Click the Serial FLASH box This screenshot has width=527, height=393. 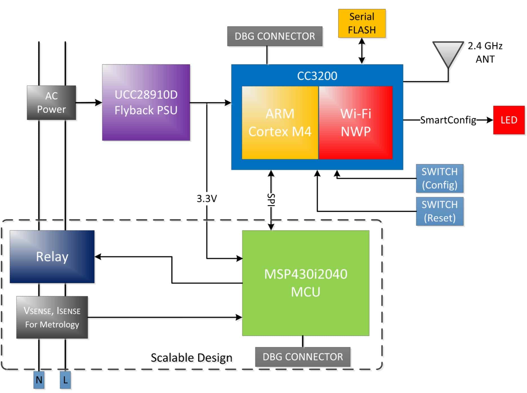tap(361, 23)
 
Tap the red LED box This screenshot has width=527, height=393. tap(509, 120)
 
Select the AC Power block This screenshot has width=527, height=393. tap(51, 103)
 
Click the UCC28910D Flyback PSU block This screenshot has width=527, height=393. tap(146, 102)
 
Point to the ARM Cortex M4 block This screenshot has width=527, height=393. tap(280, 123)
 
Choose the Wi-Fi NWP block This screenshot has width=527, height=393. tap(356, 123)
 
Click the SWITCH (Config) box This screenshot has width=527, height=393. tap(439, 178)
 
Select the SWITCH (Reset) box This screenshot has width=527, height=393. tap(439, 211)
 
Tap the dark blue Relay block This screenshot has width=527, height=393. tap(52, 256)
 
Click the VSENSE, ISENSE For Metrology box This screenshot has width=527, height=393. tap(52, 317)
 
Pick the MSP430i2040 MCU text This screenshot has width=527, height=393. tap(306, 283)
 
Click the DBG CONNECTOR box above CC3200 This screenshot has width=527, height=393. tap(275, 36)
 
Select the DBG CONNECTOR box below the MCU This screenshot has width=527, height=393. tap(303, 357)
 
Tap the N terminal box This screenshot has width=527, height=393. tap(39, 380)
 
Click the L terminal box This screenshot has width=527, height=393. tap(65, 380)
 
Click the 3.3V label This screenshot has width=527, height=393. tap(207, 199)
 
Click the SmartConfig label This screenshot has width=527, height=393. tap(448, 120)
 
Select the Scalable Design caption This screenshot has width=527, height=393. tap(191, 358)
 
